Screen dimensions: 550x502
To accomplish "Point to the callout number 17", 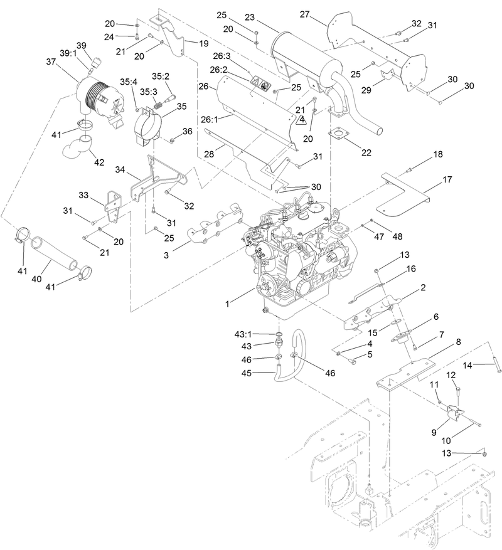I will (447, 179).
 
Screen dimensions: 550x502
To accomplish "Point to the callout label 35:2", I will (161, 77).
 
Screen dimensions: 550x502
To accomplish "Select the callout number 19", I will (203, 44).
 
